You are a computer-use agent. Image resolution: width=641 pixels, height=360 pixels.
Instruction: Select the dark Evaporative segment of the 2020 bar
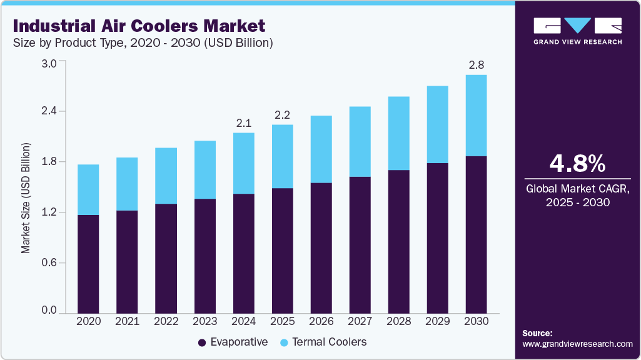tap(88, 263)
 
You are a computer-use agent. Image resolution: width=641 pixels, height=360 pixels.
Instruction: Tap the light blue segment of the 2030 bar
tap(476, 116)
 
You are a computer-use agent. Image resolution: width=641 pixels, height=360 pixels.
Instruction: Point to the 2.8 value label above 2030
tap(476, 65)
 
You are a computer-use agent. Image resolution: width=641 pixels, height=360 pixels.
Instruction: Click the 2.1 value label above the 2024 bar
tap(243, 123)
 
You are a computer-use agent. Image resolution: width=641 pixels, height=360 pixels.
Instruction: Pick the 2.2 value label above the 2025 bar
tap(282, 115)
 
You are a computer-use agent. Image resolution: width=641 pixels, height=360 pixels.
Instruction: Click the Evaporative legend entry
tap(233, 342)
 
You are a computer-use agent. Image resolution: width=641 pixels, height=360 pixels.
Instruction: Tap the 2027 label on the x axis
tap(360, 321)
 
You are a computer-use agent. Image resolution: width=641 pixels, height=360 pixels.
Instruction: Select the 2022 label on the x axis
tap(166, 321)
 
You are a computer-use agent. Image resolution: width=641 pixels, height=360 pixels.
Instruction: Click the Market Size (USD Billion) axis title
tap(26, 187)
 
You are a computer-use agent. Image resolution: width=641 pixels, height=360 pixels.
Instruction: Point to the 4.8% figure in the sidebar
tap(577, 163)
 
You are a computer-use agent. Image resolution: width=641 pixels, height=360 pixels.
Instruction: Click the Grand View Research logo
tap(577, 31)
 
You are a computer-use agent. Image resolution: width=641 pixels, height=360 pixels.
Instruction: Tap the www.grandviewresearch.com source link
tap(577, 344)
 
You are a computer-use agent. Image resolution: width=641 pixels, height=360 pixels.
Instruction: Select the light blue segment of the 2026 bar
tap(321, 149)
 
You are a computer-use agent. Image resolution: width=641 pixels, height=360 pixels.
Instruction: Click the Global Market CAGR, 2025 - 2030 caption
tap(577, 194)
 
